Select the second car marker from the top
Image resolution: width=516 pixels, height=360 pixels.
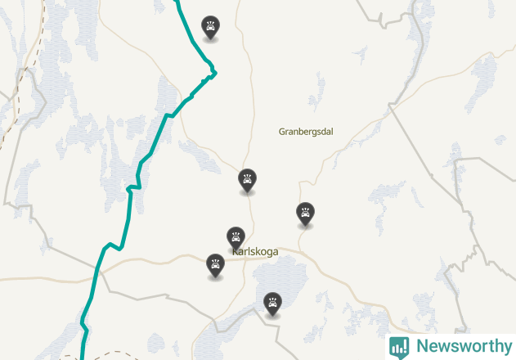point(247,178)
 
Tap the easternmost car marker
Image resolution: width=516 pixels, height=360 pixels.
point(305,213)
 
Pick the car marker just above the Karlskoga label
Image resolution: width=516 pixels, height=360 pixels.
point(236,237)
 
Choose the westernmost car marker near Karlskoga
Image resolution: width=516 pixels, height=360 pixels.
point(215,264)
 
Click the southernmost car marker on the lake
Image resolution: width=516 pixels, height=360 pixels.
point(272,303)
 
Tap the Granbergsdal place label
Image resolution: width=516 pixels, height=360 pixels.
point(311,131)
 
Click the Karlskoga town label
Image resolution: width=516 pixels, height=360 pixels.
point(255,252)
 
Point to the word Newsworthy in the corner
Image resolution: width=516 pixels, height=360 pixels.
point(463,346)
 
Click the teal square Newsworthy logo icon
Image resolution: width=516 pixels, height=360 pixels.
point(399,347)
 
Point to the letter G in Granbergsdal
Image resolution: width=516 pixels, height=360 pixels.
point(282,131)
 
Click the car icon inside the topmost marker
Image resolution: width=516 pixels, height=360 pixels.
point(211,27)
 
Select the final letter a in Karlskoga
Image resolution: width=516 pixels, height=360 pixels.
point(275,252)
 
